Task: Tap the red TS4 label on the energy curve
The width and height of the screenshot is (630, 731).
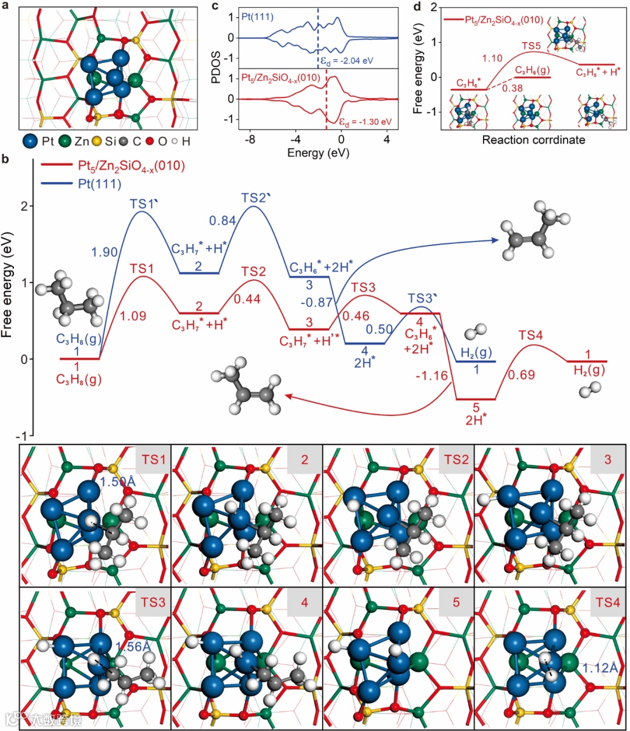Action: point(531,335)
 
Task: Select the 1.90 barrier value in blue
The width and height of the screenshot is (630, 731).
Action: point(104,252)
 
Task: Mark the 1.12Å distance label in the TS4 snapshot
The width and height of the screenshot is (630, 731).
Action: point(600,667)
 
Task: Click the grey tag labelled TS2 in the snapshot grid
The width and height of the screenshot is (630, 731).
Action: point(456,460)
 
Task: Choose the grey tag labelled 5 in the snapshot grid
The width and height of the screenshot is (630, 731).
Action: point(456,602)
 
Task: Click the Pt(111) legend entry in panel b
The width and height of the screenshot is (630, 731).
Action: point(100,184)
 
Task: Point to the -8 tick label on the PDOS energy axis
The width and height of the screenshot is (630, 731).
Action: point(250,140)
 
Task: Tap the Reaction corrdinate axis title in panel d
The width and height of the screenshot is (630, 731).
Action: point(533,140)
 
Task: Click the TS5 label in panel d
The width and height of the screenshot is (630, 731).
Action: point(531,46)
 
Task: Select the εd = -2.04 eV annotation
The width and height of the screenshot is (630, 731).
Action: point(346,61)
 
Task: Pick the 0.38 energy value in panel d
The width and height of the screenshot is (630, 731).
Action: point(512,88)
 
